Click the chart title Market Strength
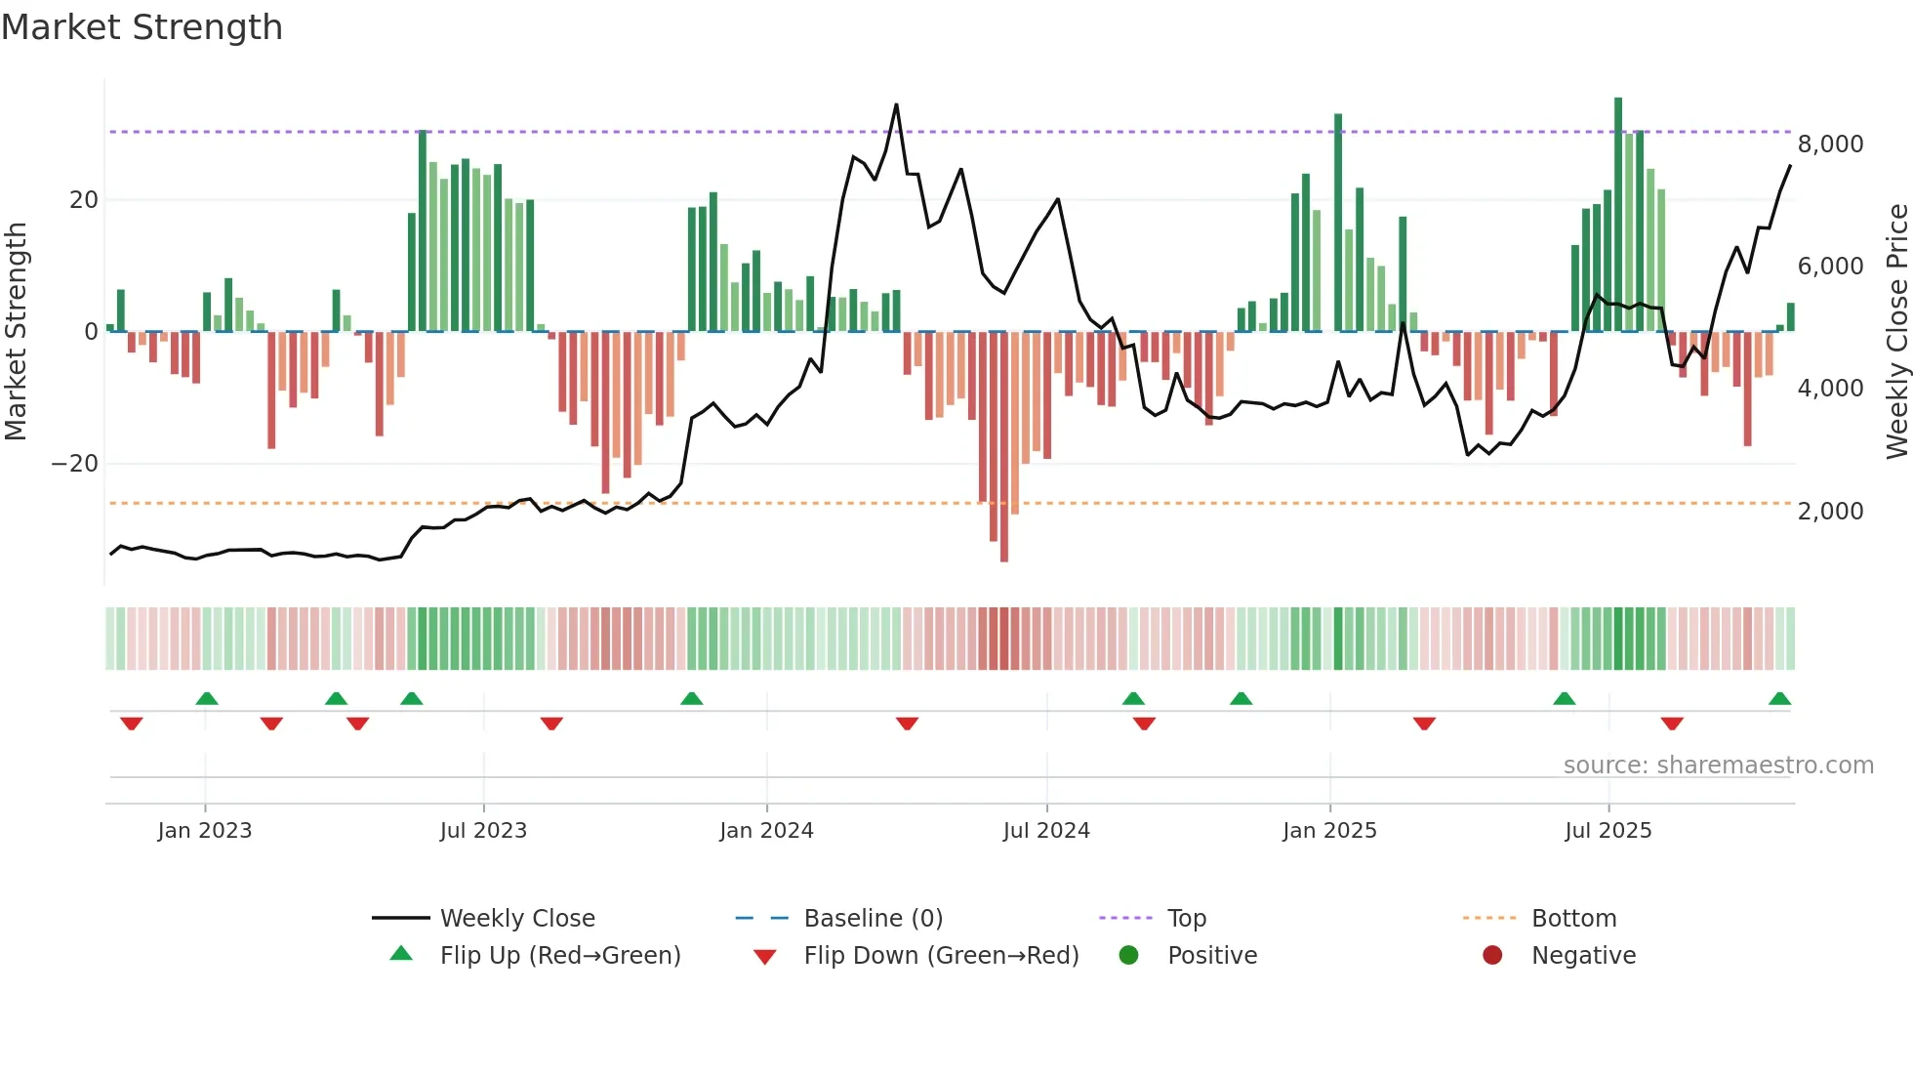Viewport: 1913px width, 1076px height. pyautogui.click(x=142, y=27)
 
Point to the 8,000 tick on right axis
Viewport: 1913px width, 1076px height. pyautogui.click(x=1830, y=145)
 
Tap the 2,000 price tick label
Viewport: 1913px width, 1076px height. pyautogui.click(x=1830, y=512)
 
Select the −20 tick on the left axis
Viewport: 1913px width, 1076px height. pyautogui.click(x=75, y=464)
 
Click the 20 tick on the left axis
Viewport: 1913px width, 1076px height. pyautogui.click(x=84, y=200)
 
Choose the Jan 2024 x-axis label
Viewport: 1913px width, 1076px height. pyautogui.click(x=766, y=831)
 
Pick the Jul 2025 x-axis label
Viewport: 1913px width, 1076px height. pyautogui.click(x=1608, y=831)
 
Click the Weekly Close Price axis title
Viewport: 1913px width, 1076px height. pyautogui.click(x=1896, y=332)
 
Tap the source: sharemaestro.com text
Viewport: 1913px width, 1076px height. pyautogui.click(x=1718, y=766)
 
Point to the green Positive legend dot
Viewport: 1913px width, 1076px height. pyautogui.click(x=1129, y=956)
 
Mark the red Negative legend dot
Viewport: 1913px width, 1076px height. pyautogui.click(x=1492, y=956)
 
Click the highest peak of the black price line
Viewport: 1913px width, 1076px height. pyautogui.click(x=896, y=105)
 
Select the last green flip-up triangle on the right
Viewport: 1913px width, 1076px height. pyautogui.click(x=1779, y=699)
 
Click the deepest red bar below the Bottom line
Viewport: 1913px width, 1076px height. pyautogui.click(x=1004, y=547)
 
